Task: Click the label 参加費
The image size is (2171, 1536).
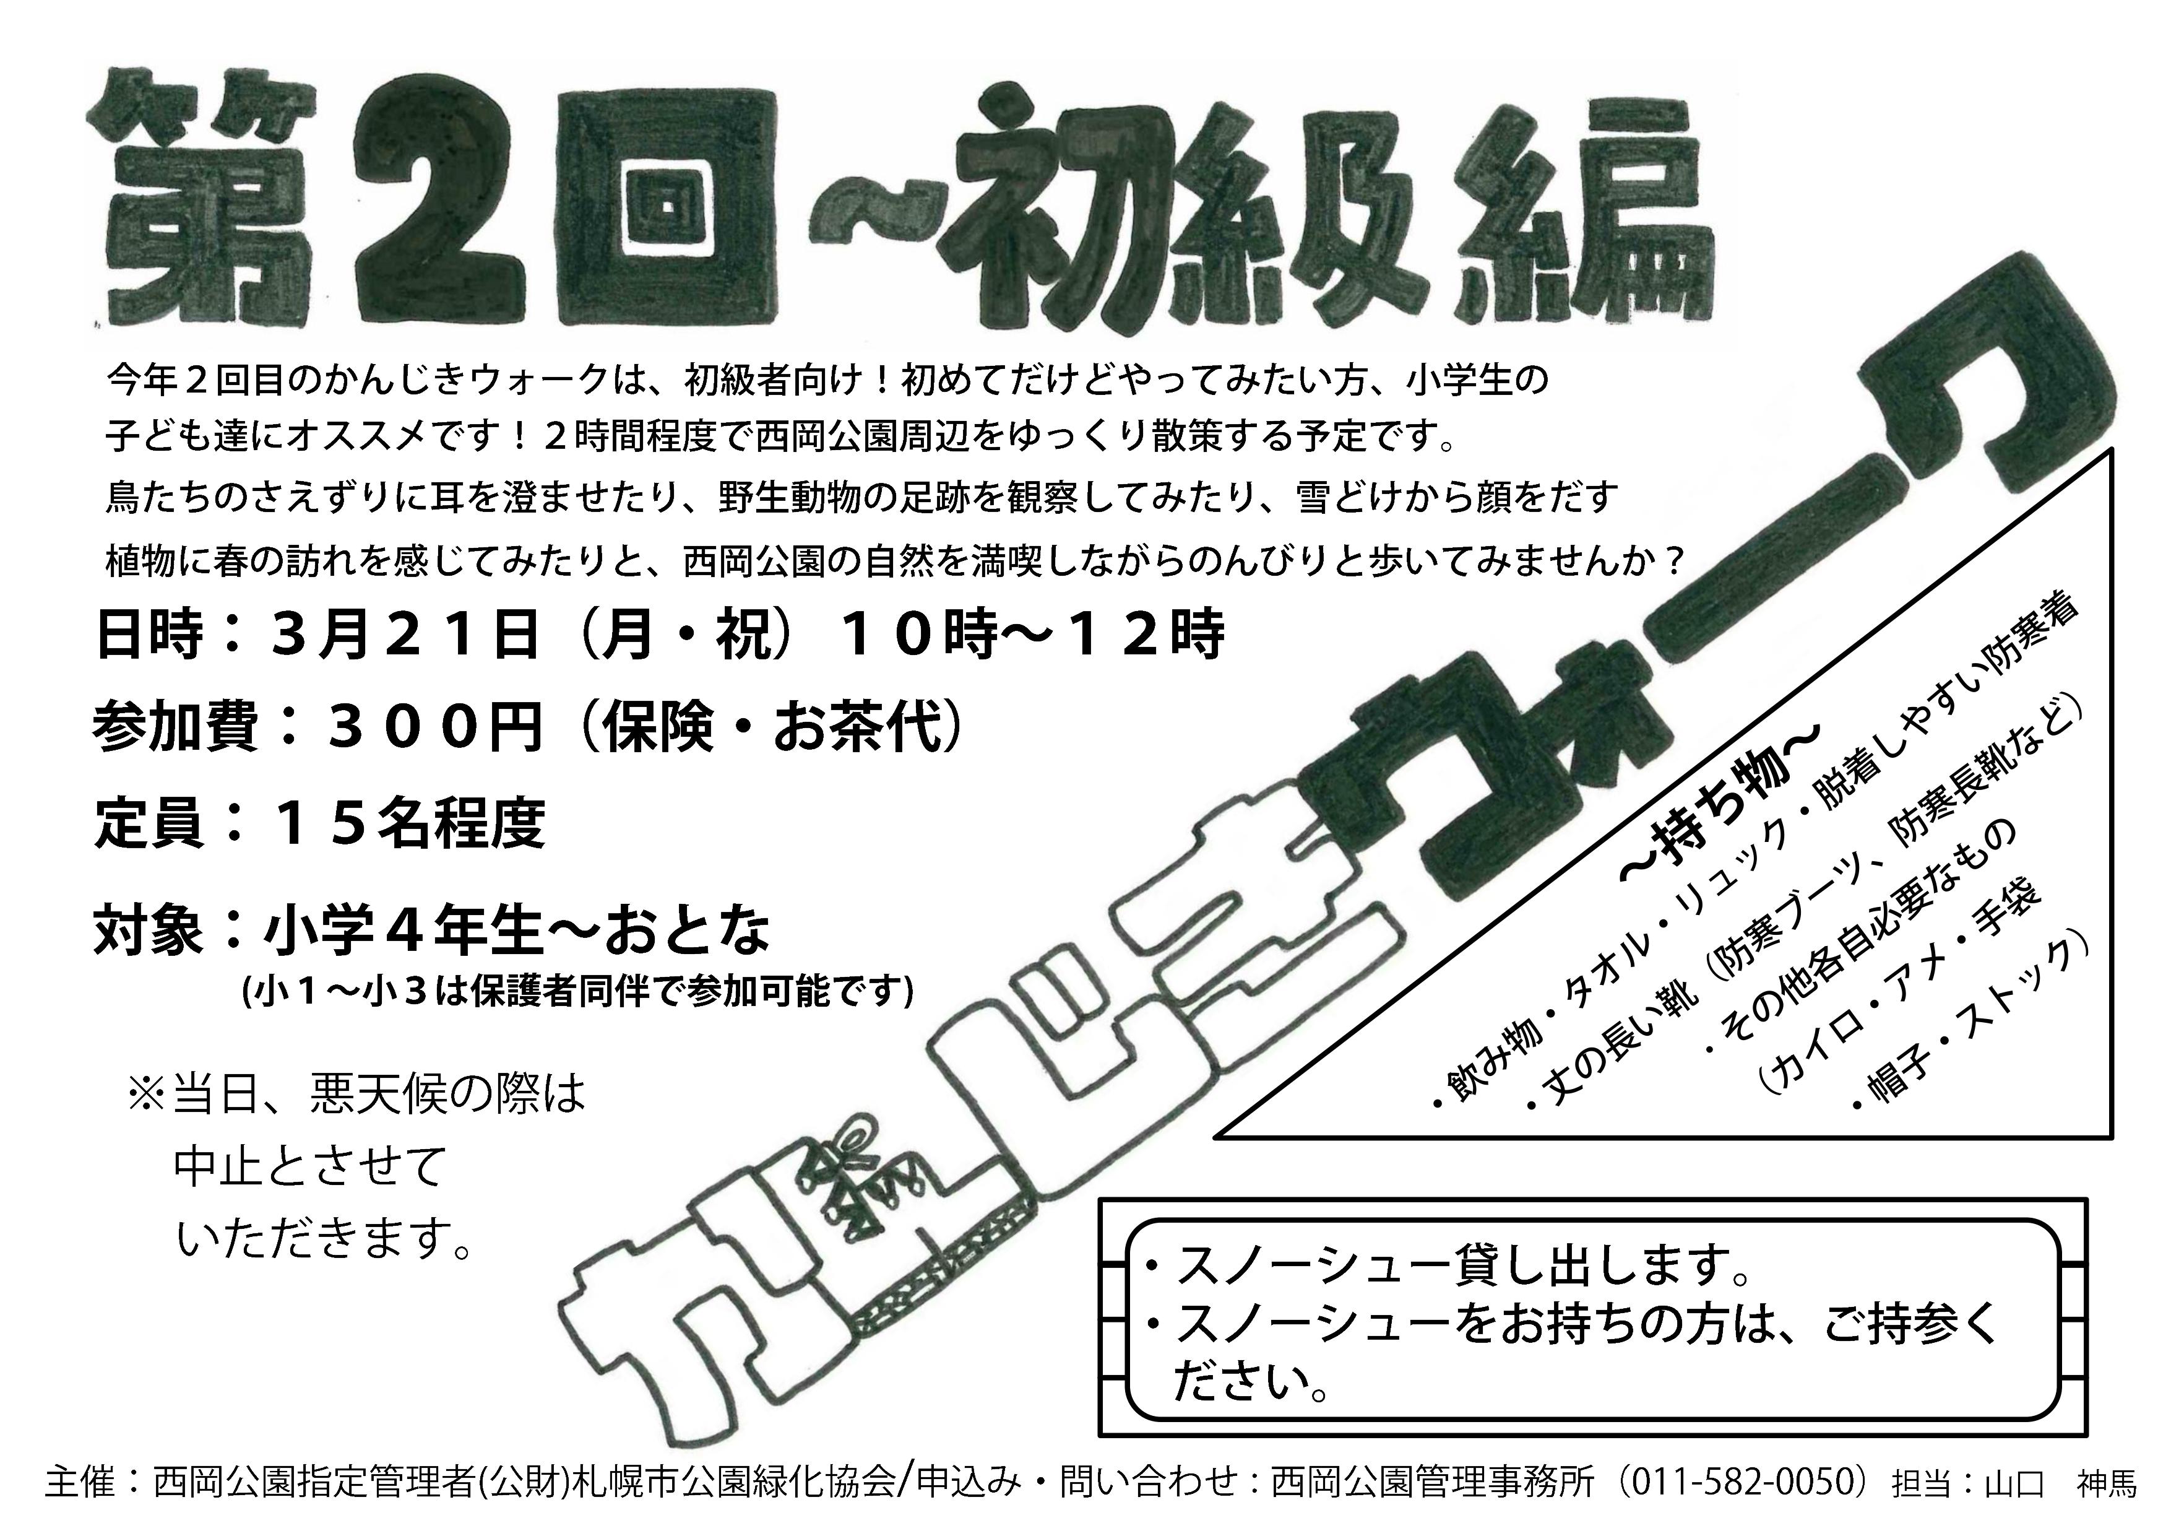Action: (176, 728)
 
